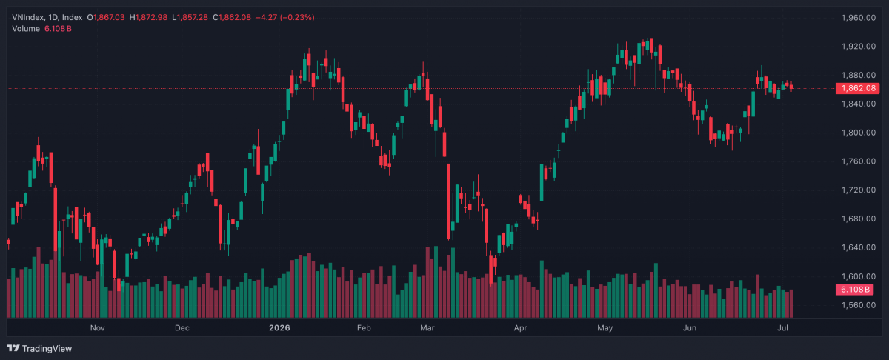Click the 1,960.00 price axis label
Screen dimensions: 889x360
[858, 18]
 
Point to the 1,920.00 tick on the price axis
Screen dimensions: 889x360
[858, 47]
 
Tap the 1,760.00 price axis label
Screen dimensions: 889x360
[858, 161]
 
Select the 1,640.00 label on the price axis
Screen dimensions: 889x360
[858, 247]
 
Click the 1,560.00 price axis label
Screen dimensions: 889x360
[858, 305]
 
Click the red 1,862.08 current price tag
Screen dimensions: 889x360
[858, 88]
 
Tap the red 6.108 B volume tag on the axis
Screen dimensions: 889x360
[855, 290]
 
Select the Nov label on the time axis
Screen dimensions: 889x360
[98, 328]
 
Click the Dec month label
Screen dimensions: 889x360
[182, 328]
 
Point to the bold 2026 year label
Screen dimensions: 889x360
[279, 328]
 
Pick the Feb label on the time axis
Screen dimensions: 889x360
[364, 328]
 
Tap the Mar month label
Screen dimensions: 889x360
[427, 328]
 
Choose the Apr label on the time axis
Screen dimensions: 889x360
[520, 328]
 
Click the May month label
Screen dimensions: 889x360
[605, 328]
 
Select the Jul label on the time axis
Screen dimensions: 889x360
[782, 328]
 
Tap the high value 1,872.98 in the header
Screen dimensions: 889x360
[151, 18]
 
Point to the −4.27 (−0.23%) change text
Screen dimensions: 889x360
[285, 18]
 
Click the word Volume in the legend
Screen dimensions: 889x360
[26, 29]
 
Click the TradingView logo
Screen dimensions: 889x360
[39, 348]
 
